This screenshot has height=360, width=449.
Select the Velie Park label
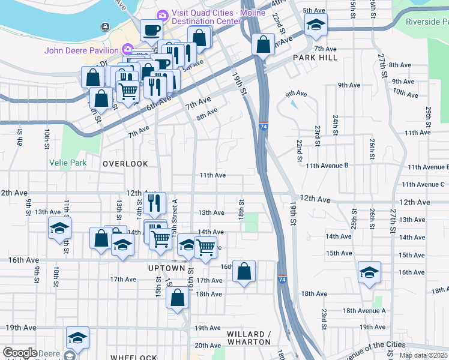click(68, 163)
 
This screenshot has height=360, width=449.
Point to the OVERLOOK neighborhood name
click(125, 164)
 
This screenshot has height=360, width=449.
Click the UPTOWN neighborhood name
click(166, 268)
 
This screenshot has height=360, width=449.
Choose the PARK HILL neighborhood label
click(315, 58)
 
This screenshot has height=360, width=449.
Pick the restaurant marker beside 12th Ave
click(155, 203)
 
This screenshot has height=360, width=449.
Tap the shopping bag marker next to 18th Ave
click(178, 298)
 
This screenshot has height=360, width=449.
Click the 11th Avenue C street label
click(424, 184)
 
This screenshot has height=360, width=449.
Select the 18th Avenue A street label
click(364, 311)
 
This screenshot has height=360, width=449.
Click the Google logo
click(20, 353)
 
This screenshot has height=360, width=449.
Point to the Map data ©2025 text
click(423, 356)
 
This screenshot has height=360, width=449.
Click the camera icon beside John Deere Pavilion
click(127, 50)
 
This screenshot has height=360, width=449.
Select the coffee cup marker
click(151, 29)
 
